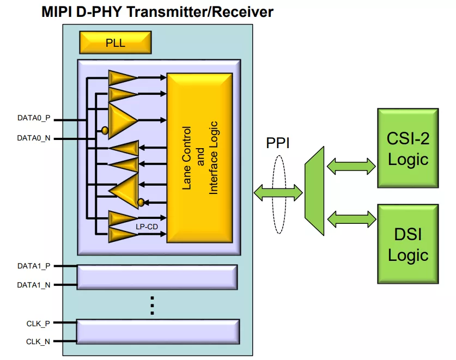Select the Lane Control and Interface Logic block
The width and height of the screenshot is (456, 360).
point(199,157)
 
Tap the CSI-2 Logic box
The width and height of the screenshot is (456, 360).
point(408,148)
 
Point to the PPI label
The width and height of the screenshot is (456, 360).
point(277,143)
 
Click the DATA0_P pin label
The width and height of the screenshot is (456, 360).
point(34,118)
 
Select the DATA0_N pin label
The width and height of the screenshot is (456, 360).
point(34,138)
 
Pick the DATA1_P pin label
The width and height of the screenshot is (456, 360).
point(34,266)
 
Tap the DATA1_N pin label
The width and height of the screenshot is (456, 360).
point(34,284)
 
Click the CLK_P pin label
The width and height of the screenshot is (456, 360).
point(38,323)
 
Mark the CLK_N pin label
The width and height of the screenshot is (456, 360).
point(38,341)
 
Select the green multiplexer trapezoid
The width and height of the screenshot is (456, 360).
point(314,191)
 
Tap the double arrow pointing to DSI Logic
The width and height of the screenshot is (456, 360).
point(351,219)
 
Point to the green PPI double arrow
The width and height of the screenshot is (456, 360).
point(277,191)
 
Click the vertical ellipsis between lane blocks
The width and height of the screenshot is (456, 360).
point(153,306)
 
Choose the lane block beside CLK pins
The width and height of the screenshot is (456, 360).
point(158,332)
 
